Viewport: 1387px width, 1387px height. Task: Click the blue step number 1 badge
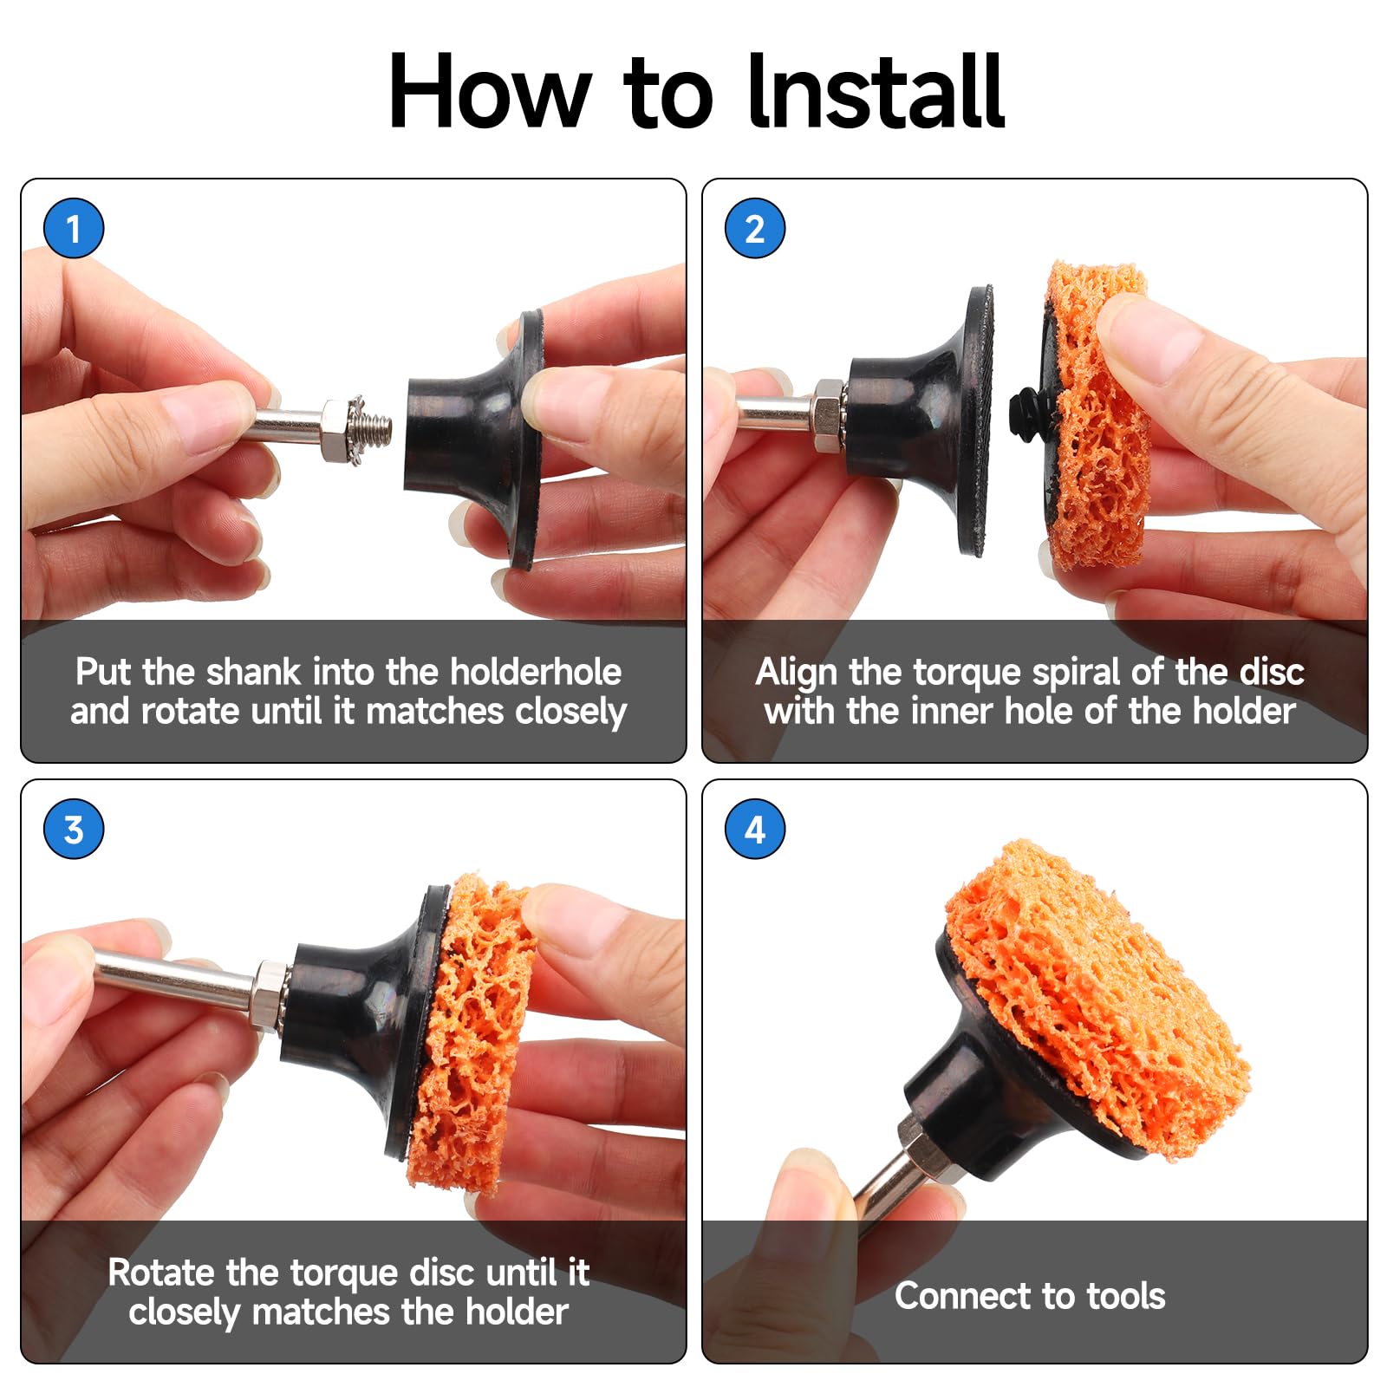[74, 228]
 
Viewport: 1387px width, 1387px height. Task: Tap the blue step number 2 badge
[755, 228]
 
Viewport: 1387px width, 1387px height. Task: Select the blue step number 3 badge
[74, 829]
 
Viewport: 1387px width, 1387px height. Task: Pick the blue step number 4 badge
[755, 829]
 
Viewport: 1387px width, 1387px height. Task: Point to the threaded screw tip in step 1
[376, 428]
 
